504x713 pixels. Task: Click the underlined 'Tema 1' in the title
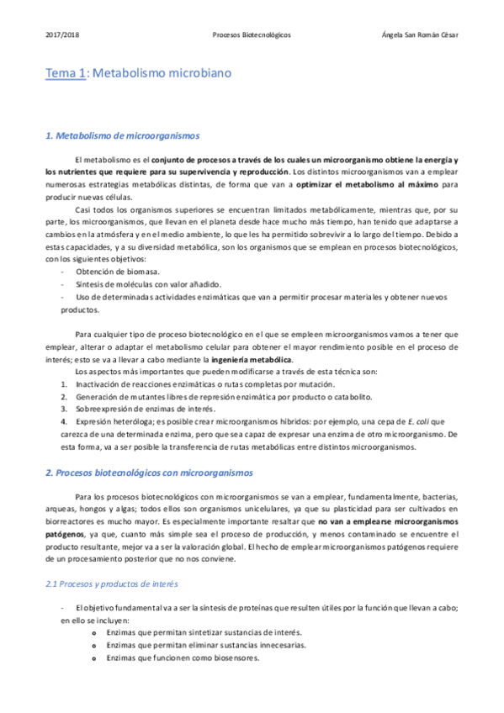coord(66,73)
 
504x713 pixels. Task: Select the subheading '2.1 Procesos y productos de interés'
coord(111,583)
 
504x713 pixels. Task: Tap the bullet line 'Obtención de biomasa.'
coord(116,272)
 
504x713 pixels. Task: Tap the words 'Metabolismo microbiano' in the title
coord(162,73)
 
